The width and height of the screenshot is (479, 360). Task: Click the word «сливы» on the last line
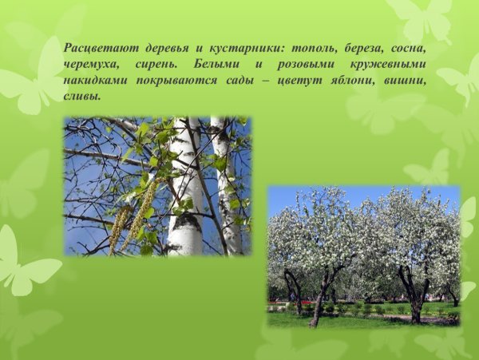click(x=82, y=97)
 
